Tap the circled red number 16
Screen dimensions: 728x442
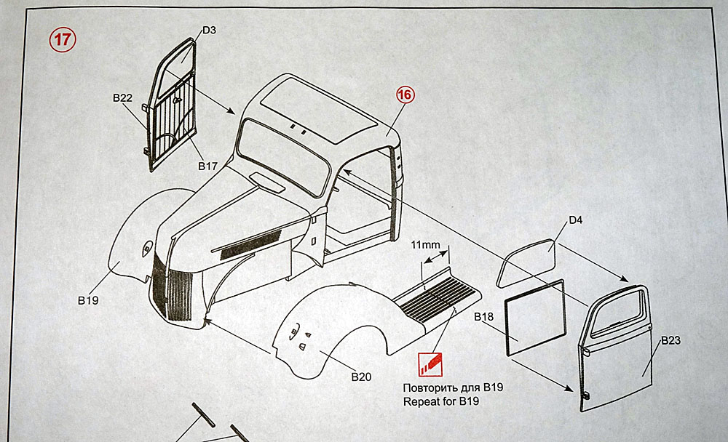click(405, 95)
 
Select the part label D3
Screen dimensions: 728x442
click(209, 30)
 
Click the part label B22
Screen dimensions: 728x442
click(122, 97)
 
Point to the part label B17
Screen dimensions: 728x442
click(207, 166)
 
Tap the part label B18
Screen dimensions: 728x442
click(484, 318)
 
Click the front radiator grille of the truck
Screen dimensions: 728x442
click(175, 291)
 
